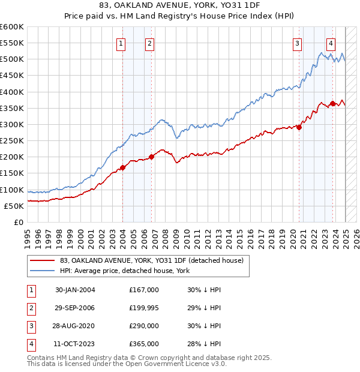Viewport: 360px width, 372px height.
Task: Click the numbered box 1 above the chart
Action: click(x=121, y=43)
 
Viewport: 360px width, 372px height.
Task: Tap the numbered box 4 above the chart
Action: click(x=331, y=43)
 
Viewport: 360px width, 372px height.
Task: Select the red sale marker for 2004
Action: click(x=123, y=168)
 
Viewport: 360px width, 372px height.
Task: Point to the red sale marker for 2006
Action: click(x=151, y=157)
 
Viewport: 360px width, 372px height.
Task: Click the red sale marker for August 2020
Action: click(x=299, y=127)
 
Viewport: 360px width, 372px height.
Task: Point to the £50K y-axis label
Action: click(x=14, y=206)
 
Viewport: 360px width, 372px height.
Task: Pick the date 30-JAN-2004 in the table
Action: click(x=75, y=290)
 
